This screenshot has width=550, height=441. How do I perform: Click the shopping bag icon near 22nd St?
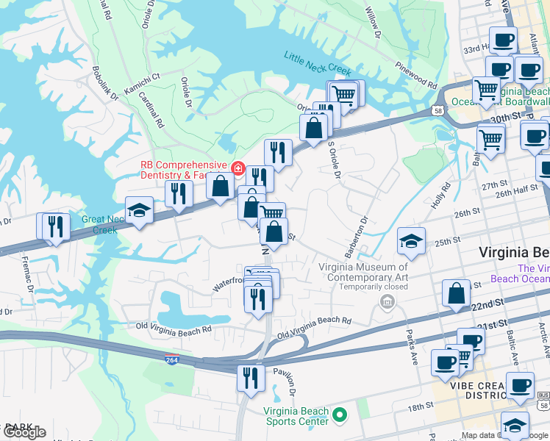457,293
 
